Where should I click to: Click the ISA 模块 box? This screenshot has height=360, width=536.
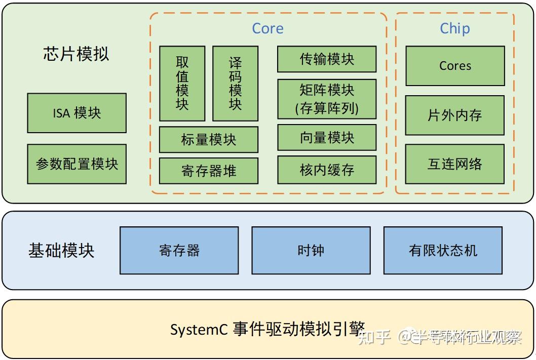pyautogui.click(x=76, y=113)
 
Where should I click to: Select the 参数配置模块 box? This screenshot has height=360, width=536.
pyautogui.click(x=76, y=164)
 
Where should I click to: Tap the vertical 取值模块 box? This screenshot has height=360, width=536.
pyautogui.click(x=182, y=84)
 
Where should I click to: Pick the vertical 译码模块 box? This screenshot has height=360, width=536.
pyautogui.click(x=235, y=84)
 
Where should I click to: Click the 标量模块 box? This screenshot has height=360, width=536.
pyautogui.click(x=209, y=140)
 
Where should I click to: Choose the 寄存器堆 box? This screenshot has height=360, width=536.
pyautogui.click(x=209, y=171)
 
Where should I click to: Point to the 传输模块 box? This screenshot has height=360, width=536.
pyautogui.click(x=327, y=59)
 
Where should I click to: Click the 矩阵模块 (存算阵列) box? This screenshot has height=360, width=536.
pyautogui.click(x=327, y=99)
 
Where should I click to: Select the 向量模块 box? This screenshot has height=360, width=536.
pyautogui.click(x=327, y=138)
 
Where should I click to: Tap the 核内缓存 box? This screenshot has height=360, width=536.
pyautogui.click(x=327, y=170)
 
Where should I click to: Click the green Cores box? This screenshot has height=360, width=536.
pyautogui.click(x=455, y=66)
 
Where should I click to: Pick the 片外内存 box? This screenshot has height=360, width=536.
pyautogui.click(x=455, y=115)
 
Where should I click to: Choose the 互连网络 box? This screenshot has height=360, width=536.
pyautogui.click(x=455, y=164)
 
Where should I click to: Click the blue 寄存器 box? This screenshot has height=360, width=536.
pyautogui.click(x=179, y=251)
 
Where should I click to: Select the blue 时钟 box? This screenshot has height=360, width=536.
pyautogui.click(x=311, y=251)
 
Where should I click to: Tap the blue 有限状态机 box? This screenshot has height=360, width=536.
pyautogui.click(x=443, y=251)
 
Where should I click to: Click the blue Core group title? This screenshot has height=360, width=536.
pyautogui.click(x=267, y=28)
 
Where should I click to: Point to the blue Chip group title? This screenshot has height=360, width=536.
pyautogui.click(x=455, y=28)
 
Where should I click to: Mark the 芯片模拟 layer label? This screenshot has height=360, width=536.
pyautogui.click(x=76, y=54)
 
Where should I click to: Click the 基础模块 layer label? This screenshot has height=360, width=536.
pyautogui.click(x=61, y=251)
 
